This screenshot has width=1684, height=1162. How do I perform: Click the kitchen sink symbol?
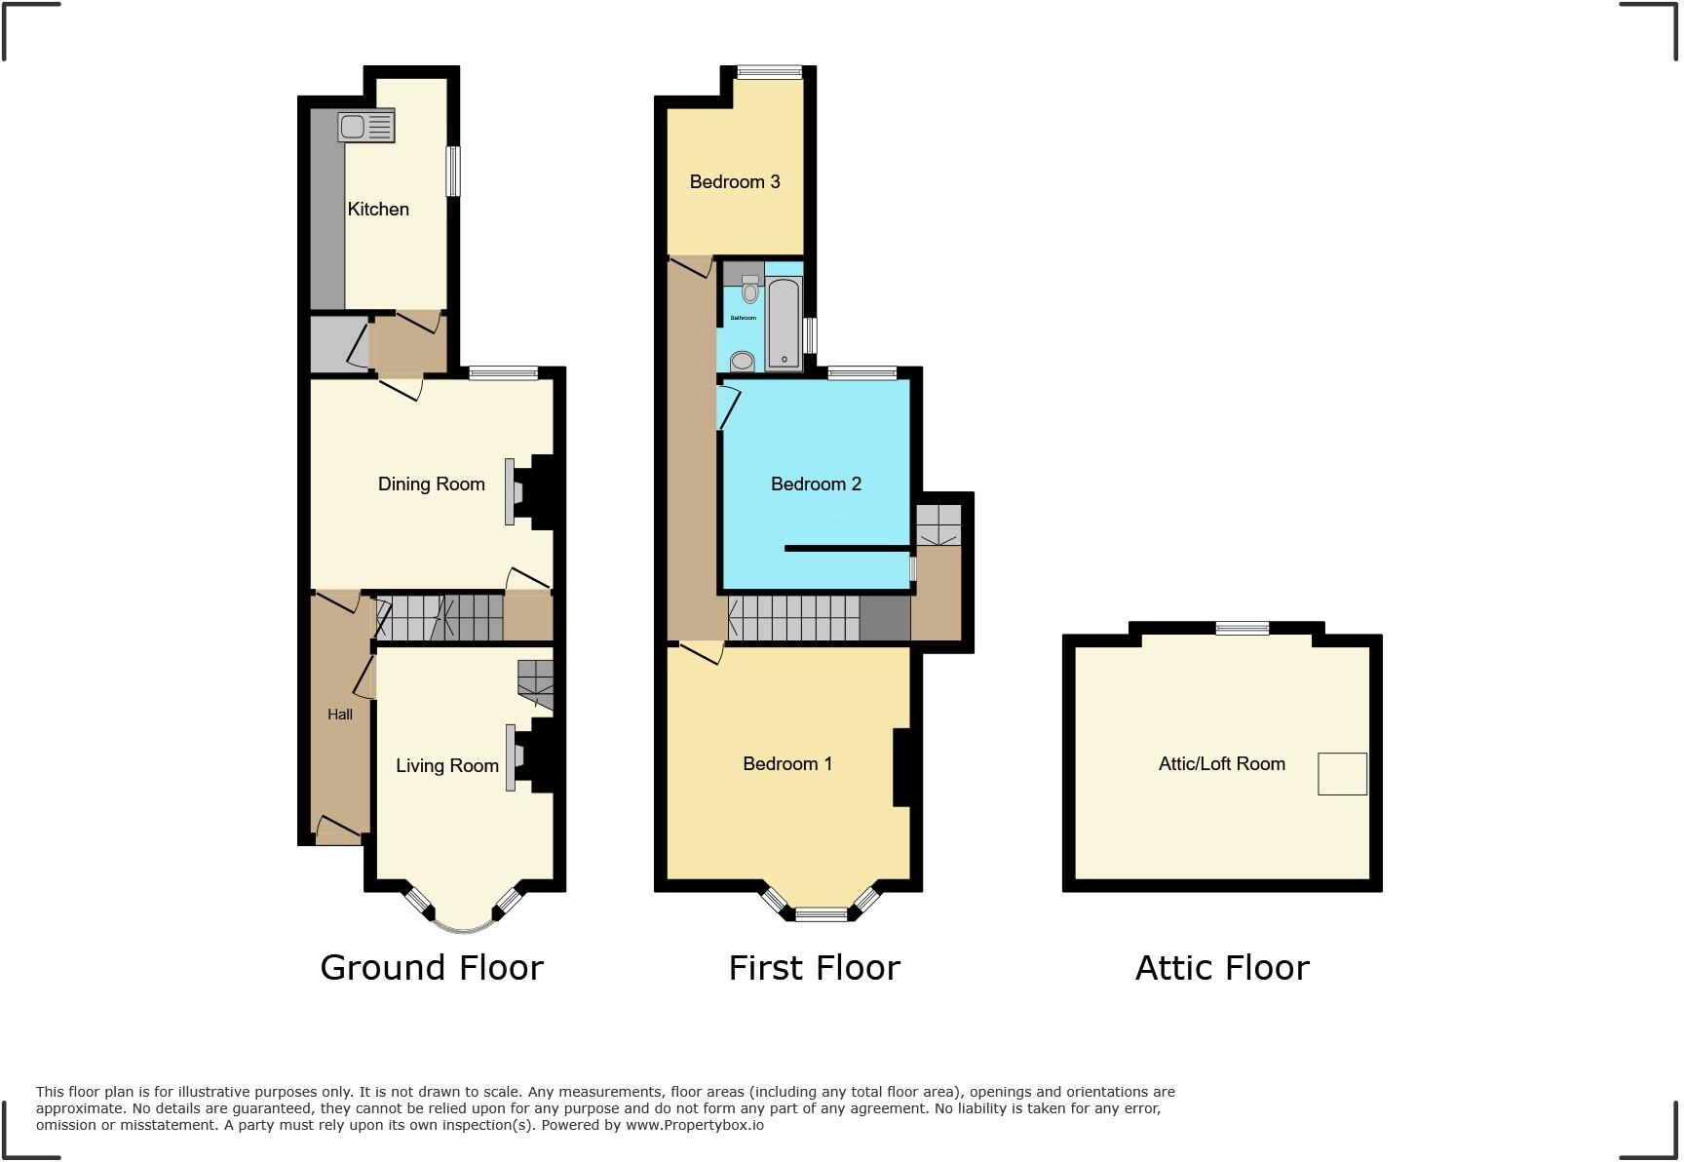point(365,127)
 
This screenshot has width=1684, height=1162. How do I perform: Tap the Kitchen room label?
point(378,209)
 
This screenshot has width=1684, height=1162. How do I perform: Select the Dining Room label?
point(431,484)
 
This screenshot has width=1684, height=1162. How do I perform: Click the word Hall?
point(340,714)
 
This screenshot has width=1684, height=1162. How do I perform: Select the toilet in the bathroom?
point(749,289)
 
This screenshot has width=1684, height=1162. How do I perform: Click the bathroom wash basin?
point(743,361)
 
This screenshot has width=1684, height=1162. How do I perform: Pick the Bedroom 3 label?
point(735,181)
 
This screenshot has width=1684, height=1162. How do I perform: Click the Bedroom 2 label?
point(816,484)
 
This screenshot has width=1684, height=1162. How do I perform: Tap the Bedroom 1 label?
point(787,763)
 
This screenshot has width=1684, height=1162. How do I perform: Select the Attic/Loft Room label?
point(1221,763)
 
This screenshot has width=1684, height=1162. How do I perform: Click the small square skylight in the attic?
point(1342,774)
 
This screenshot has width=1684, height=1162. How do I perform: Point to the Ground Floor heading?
point(431,967)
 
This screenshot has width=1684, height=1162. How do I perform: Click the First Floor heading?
point(814,967)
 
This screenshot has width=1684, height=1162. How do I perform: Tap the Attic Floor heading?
point(1222,967)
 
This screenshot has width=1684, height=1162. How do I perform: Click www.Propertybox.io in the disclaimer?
point(694,1125)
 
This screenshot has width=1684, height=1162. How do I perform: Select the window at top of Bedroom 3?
point(769,71)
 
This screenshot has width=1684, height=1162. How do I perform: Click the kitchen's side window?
point(453,171)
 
